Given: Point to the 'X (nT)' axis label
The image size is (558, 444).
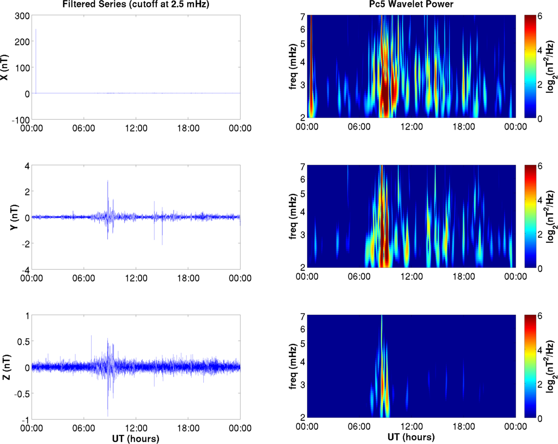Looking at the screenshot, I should [x=6, y=67].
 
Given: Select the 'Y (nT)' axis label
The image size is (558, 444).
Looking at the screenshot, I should [x=6, y=217].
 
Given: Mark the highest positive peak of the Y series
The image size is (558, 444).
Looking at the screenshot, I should [x=108, y=180].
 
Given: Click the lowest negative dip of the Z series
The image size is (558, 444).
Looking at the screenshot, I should [x=108, y=416].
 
